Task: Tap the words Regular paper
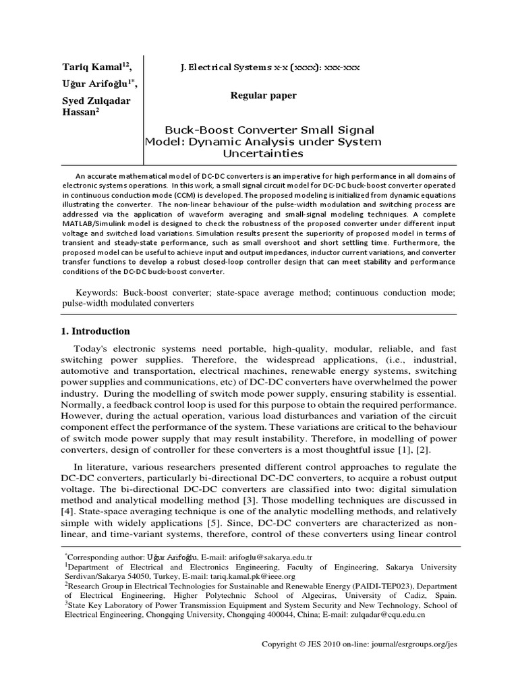tap(263, 96)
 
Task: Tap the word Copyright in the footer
tap(280, 644)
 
